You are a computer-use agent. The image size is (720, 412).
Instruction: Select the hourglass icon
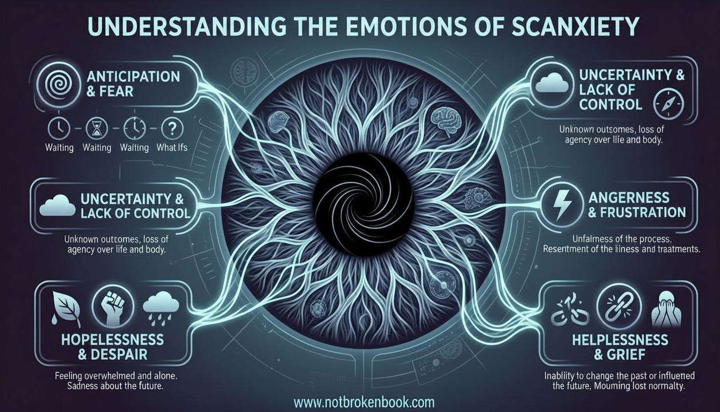[96, 128]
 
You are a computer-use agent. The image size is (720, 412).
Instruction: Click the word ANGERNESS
[628, 197]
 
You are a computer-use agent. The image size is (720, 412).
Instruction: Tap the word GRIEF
[621, 355]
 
